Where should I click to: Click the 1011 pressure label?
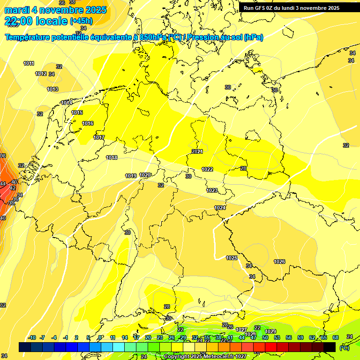(x=29, y=63)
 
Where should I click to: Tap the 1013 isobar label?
(x=52, y=89)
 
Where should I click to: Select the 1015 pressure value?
(x=77, y=112)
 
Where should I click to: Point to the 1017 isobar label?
(x=99, y=137)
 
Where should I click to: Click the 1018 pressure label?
(x=112, y=157)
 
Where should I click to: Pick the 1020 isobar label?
(x=145, y=175)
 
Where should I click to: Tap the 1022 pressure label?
(x=207, y=169)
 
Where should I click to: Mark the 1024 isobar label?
(x=220, y=208)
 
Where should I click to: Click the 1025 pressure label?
(x=232, y=258)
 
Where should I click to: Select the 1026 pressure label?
(x=279, y=262)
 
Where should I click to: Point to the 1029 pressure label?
(x=270, y=332)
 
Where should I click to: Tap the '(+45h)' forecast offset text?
(x=81, y=21)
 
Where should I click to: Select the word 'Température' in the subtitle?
(x=30, y=37)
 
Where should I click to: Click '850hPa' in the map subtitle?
(x=153, y=37)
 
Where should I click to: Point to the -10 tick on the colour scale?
(x=32, y=337)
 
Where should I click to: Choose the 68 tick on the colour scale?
(x=336, y=337)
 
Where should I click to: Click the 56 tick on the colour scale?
(x=289, y=337)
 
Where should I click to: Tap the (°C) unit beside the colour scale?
(x=345, y=348)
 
